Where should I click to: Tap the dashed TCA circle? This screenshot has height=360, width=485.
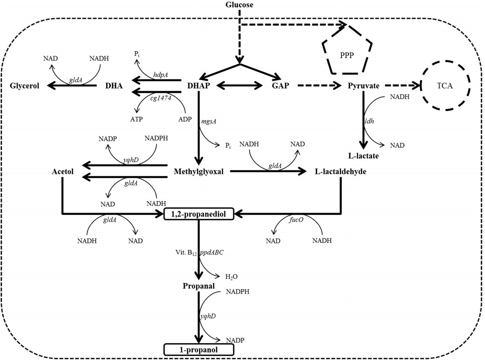click(x=447, y=86)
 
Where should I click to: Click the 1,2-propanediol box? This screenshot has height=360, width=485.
click(x=199, y=214)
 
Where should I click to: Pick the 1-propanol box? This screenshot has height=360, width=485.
click(x=199, y=349)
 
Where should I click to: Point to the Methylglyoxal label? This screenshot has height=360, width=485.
click(x=199, y=171)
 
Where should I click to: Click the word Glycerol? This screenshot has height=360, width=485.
click(x=25, y=86)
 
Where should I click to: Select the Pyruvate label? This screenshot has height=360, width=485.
click(x=364, y=86)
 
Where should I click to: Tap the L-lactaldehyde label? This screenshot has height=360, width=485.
click(x=341, y=171)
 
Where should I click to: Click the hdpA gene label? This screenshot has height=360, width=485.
click(x=160, y=75)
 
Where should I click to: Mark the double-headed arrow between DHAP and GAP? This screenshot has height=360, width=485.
click(x=242, y=86)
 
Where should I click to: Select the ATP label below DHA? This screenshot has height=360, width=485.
click(x=136, y=119)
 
